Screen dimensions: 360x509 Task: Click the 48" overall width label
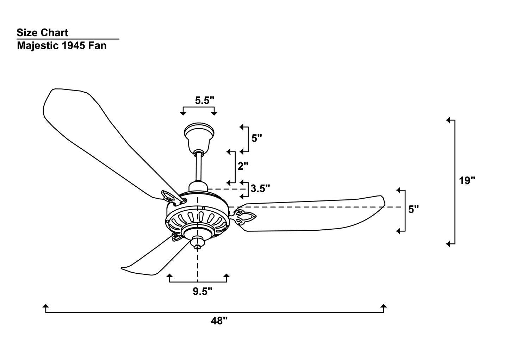(x=219, y=321)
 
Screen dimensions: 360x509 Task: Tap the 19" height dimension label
(x=467, y=181)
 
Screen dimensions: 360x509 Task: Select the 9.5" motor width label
(x=203, y=292)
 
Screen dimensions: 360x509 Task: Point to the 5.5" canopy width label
(x=205, y=100)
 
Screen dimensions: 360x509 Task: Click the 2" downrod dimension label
(x=243, y=166)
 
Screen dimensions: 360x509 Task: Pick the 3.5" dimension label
(x=260, y=188)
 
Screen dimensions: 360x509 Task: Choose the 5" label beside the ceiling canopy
(x=257, y=138)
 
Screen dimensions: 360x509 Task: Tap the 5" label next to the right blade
(x=414, y=209)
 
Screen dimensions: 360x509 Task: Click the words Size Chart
(x=42, y=33)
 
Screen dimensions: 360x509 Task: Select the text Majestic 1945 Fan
(x=62, y=46)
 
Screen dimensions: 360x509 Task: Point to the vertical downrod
(x=199, y=167)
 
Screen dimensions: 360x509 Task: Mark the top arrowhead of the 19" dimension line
(x=448, y=120)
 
